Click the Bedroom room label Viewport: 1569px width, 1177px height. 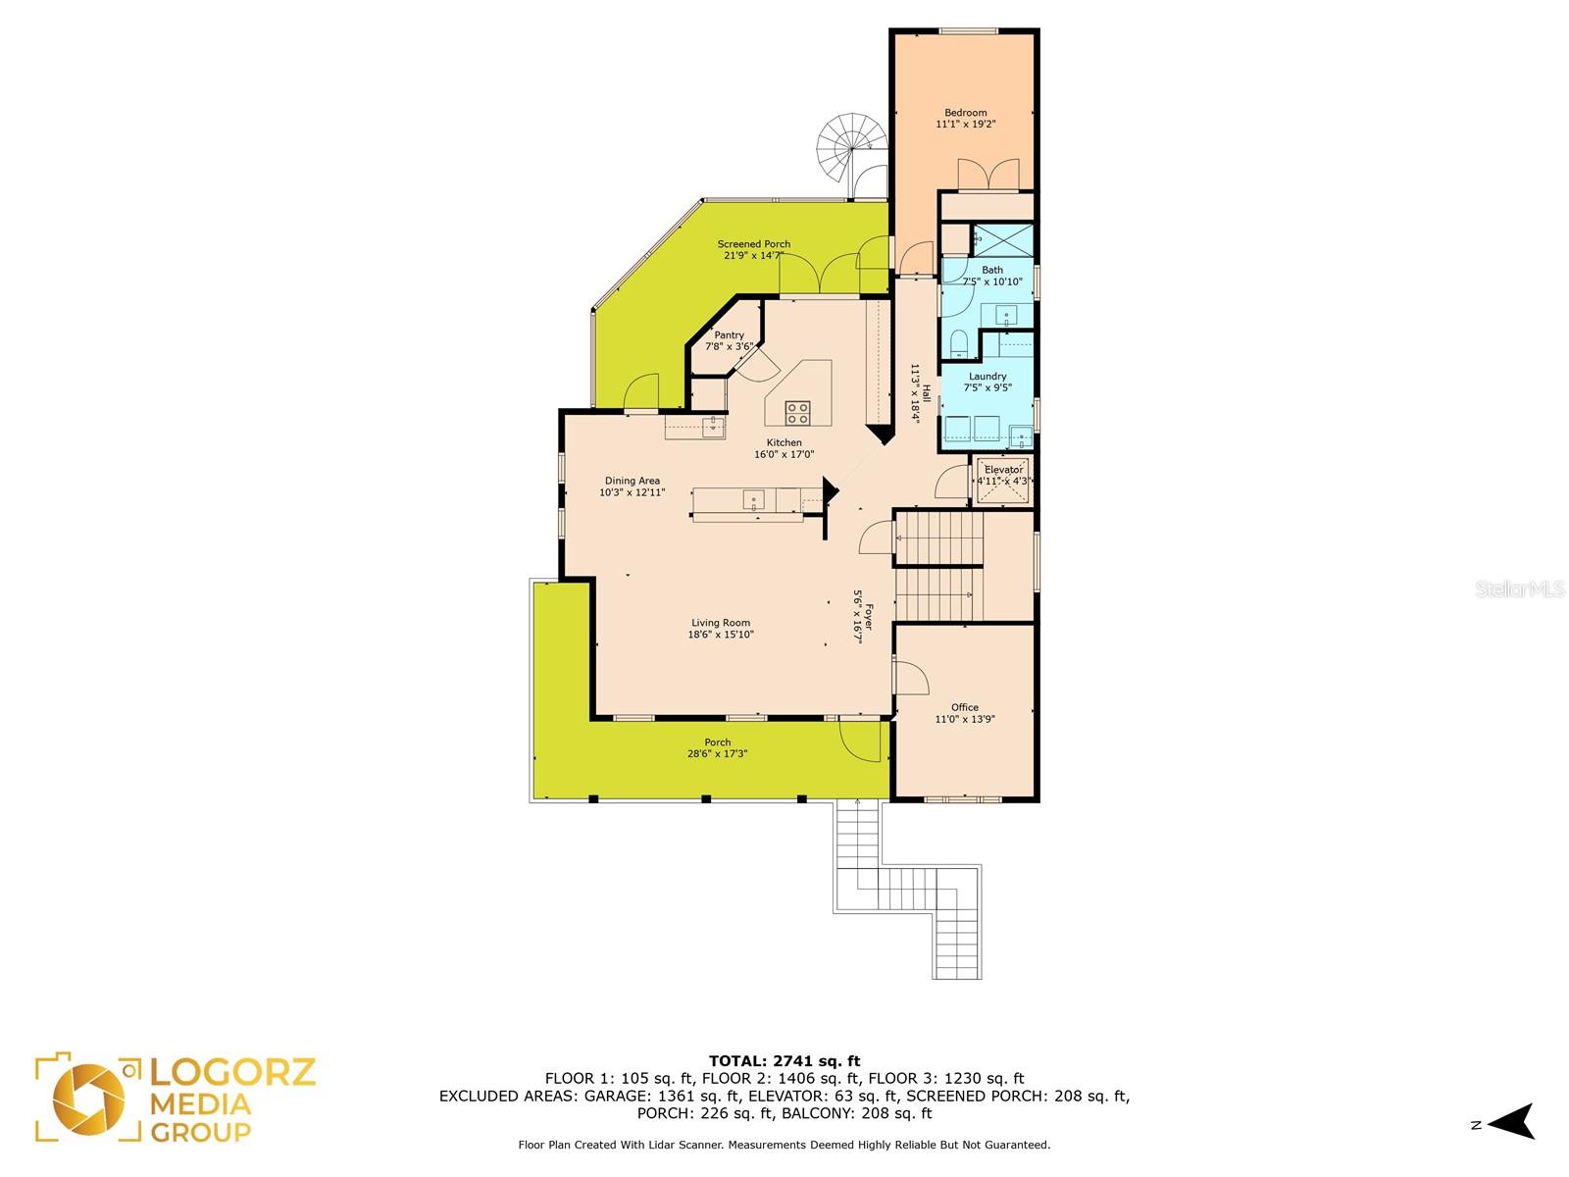point(965,112)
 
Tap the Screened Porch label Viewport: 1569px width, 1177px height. point(753,243)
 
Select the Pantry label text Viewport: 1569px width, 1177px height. point(730,334)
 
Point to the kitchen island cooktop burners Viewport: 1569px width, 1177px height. point(797,412)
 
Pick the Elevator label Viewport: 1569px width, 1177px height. point(1003,470)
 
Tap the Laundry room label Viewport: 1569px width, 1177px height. point(987,376)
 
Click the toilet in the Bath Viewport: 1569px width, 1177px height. point(958,343)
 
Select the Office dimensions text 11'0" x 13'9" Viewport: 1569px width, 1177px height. point(964,719)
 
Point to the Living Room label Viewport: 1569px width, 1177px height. point(721,623)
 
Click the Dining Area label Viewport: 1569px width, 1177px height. point(632,481)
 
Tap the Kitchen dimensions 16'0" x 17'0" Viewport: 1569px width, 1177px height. point(784,454)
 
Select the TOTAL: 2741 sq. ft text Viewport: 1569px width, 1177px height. point(784,1061)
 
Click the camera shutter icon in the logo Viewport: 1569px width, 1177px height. point(88,1100)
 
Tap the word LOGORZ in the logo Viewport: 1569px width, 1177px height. point(232,1072)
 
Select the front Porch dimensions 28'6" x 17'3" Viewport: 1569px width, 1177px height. point(717,753)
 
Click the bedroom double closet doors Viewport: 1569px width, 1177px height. point(987,176)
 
